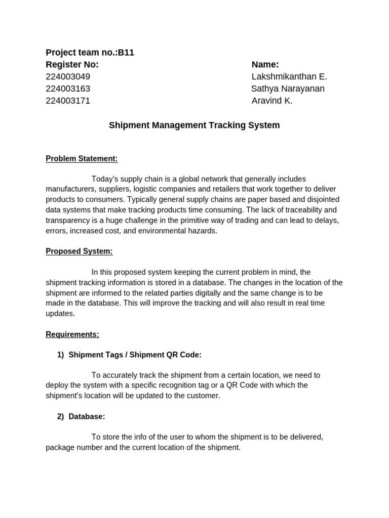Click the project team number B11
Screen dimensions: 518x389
coord(126,53)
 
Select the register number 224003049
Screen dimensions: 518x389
coord(68,77)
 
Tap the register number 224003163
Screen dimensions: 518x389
coord(68,89)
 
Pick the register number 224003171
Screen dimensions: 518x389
coord(68,101)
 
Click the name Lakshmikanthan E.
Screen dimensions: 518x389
coord(289,77)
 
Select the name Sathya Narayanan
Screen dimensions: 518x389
coord(288,89)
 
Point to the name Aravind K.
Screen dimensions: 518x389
coord(272,101)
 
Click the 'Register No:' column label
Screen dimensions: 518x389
coord(72,65)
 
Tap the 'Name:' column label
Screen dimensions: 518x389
coord(265,65)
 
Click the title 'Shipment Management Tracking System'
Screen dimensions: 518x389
coord(194,125)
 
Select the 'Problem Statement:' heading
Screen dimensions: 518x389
coord(82,159)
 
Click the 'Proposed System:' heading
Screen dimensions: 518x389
coord(79,251)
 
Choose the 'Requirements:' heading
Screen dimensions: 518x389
coord(72,334)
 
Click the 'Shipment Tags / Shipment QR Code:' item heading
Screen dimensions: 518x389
coord(135,355)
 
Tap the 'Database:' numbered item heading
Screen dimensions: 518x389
coord(87,417)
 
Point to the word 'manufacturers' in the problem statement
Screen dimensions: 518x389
coord(69,189)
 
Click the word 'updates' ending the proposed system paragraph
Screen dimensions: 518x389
coord(59,314)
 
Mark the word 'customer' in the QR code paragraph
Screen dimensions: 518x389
coord(203,396)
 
